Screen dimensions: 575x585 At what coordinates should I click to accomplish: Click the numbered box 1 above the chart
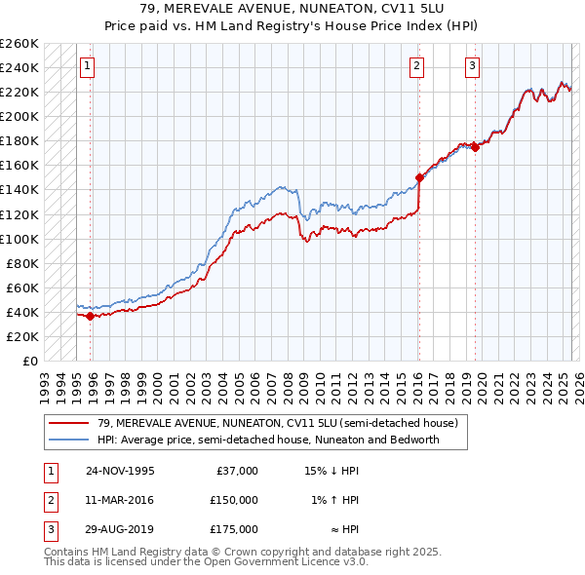[87, 66]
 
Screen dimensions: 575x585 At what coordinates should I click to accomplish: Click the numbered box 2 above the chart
[416, 66]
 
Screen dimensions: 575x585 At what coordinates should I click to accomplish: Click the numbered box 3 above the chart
[472, 66]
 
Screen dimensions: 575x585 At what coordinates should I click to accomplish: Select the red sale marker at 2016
[419, 178]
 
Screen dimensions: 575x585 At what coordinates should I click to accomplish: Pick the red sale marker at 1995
[90, 316]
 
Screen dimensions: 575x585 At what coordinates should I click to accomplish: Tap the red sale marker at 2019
[475, 147]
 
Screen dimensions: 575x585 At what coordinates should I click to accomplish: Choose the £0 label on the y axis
[30, 361]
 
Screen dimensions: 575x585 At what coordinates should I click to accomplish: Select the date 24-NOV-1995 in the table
[120, 471]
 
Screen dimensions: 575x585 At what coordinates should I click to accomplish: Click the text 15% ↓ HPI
[332, 471]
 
